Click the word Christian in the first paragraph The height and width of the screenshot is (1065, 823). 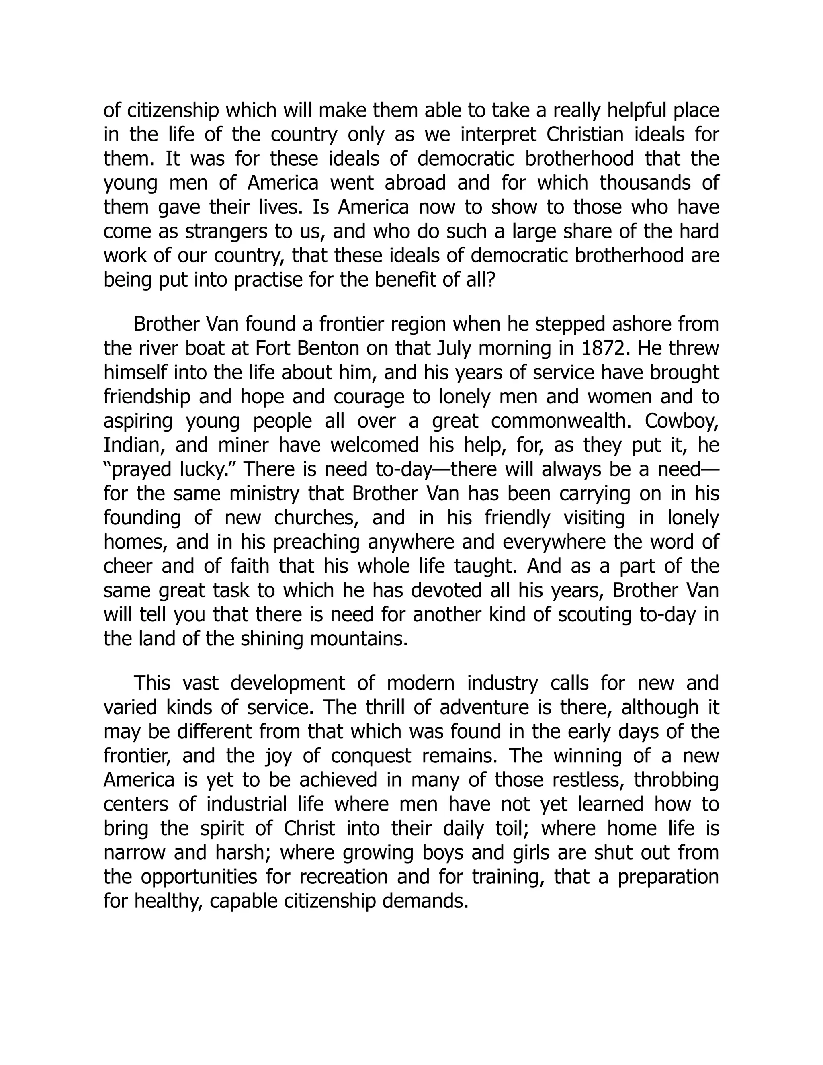(585, 135)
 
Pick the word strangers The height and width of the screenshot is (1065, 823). (225, 231)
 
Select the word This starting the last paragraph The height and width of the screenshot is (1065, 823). (151, 683)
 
